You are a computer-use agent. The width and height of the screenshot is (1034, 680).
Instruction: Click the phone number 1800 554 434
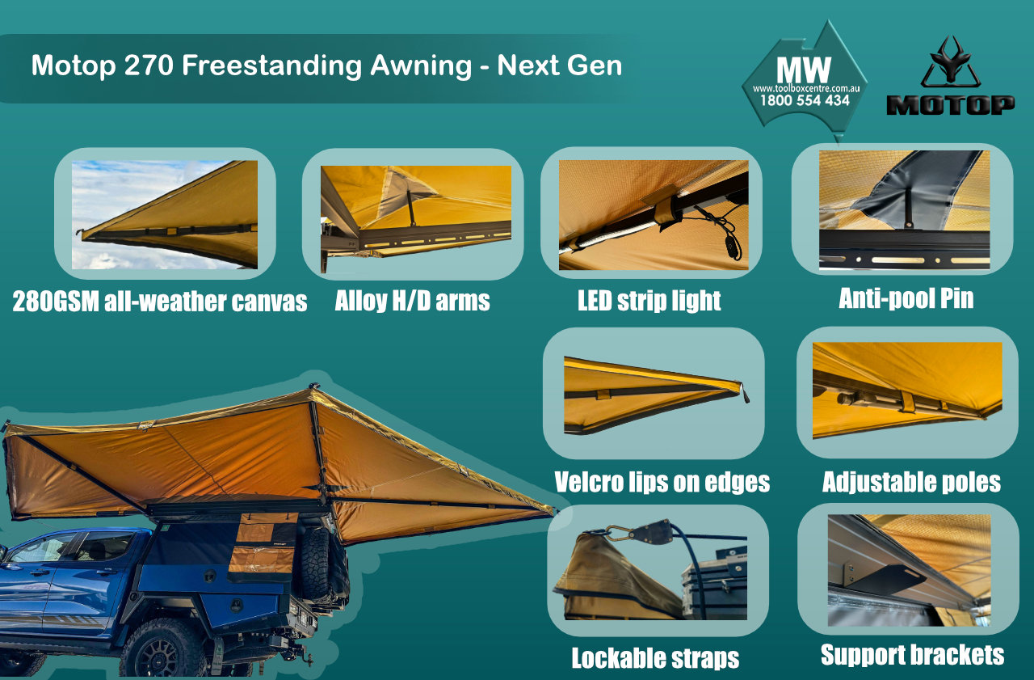805,101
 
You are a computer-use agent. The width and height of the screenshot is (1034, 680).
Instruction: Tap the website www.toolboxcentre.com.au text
805,87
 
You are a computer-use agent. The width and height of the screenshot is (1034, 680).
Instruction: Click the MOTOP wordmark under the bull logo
951,104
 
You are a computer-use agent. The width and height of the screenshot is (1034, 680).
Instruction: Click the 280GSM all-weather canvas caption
160,302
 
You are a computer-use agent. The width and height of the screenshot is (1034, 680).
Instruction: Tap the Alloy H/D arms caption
412,301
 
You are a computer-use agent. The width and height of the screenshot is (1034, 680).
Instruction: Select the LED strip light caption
649,301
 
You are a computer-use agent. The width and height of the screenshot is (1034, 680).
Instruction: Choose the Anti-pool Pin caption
906,298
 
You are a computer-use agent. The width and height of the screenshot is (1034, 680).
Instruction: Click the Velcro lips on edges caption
662,482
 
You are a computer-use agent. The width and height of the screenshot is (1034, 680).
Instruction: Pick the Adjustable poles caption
911,482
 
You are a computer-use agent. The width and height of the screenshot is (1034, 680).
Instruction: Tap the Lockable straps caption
655,657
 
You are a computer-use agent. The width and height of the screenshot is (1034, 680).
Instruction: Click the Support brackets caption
912,653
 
